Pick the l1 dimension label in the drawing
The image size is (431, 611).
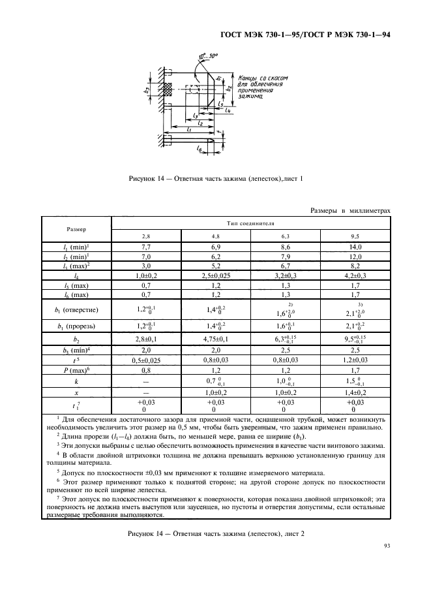click(188, 130)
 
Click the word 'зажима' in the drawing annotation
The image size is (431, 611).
click(248, 97)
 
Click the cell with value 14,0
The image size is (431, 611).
click(355, 247)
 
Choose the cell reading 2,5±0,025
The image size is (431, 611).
click(215, 276)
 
